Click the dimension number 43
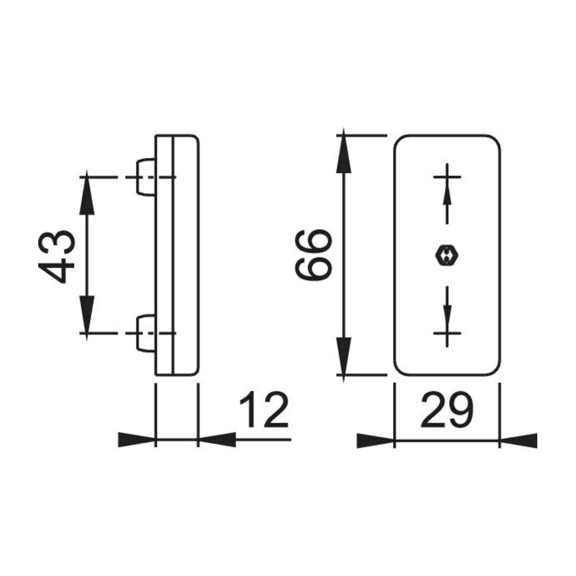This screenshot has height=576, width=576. coord(57,257)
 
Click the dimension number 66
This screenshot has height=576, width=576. coord(314,254)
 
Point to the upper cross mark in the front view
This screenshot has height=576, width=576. coord(447,177)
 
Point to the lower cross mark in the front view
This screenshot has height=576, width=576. coord(447,333)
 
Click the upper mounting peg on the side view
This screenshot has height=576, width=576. coord(146,177)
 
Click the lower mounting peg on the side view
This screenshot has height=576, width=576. coord(146,333)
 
